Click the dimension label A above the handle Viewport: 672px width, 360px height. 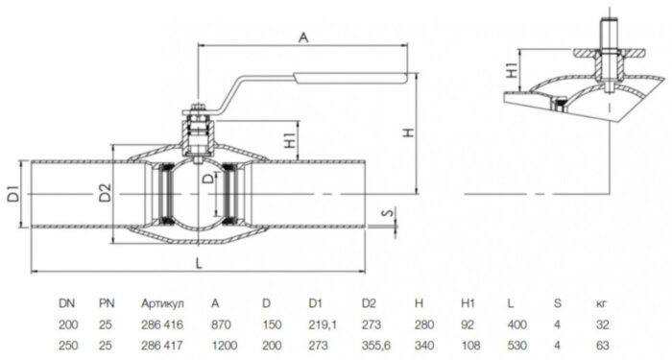(303, 37)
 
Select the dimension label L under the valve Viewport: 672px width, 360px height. (199, 263)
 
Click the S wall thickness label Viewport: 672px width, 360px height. (388, 212)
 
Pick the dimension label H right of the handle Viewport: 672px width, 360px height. (409, 132)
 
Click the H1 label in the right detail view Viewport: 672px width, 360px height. (512, 69)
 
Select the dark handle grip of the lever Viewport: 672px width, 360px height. (350, 78)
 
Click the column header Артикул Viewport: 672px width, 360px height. (162, 304)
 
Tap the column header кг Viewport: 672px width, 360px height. (602, 304)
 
